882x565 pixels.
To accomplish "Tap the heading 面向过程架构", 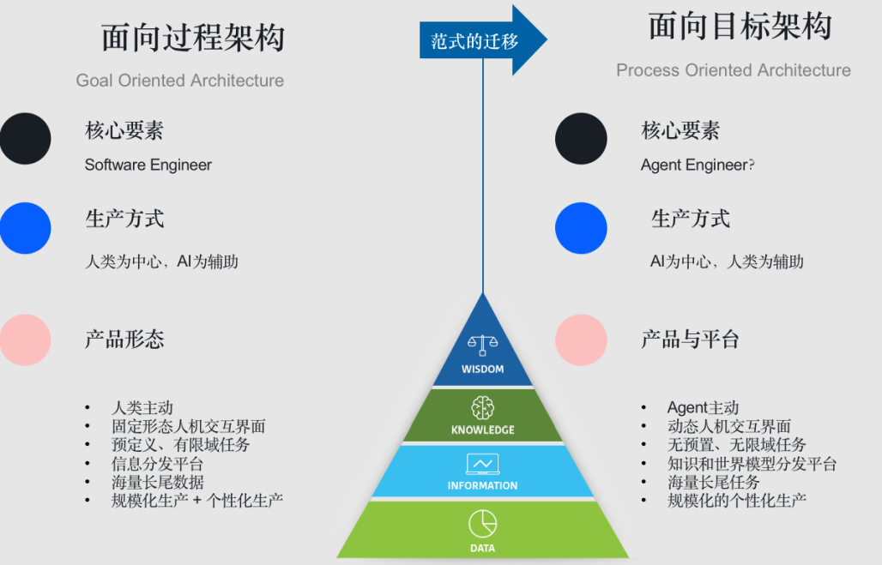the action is (193, 39).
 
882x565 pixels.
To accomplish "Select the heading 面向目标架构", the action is (740, 27).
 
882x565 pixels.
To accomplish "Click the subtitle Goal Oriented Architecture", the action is (180, 81).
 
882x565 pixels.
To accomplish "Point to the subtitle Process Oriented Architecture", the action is (734, 70).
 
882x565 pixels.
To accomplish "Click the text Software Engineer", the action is (148, 165).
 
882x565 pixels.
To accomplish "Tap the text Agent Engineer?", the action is (698, 165).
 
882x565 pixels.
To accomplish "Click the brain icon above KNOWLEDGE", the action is (483, 407).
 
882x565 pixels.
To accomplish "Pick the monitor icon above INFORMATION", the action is (482, 464).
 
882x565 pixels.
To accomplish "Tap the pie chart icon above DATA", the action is (482, 523).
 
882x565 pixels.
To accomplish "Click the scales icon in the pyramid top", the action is (483, 345).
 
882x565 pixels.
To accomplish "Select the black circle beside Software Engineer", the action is (25, 139).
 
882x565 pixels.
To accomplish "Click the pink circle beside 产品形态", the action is (25, 340).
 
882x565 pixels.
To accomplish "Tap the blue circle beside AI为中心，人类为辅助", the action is (581, 228).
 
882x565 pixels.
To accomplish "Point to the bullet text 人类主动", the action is (142, 408).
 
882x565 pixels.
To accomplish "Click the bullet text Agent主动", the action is (703, 408).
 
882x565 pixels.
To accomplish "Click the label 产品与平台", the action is (690, 340).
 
